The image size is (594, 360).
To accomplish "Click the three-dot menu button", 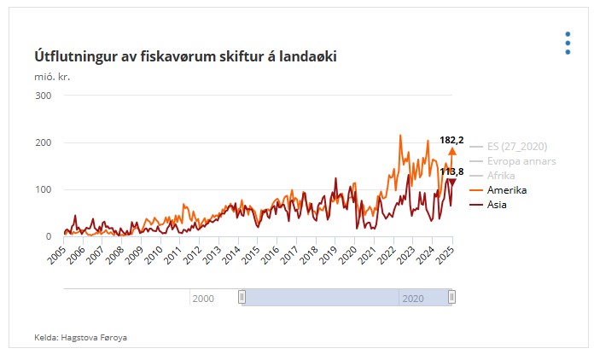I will [568, 44].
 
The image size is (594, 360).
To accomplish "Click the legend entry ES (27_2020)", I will [517, 146].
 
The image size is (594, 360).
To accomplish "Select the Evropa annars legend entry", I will [521, 160].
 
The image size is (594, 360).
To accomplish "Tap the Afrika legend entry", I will [502, 175].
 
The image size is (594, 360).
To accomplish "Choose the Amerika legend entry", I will [507, 189].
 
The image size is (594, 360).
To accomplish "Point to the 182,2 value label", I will [451, 139].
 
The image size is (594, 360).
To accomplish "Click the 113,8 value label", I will [451, 171].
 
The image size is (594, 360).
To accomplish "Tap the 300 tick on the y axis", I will [44, 96].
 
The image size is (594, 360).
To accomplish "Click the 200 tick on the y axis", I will [44, 142].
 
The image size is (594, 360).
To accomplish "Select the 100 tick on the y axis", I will [44, 189].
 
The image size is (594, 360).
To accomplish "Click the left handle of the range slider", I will [242, 297].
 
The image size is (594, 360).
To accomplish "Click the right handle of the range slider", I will [452, 297].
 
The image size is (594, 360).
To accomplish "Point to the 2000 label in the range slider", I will [203, 298].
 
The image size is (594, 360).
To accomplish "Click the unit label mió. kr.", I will [52, 77].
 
